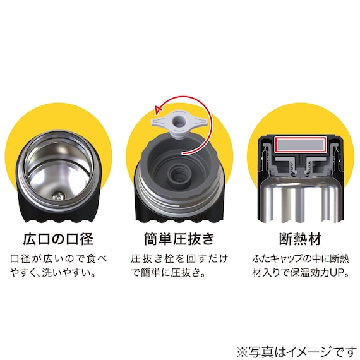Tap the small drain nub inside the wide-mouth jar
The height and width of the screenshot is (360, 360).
click(58, 196)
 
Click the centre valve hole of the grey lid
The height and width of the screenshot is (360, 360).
click(179, 174)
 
